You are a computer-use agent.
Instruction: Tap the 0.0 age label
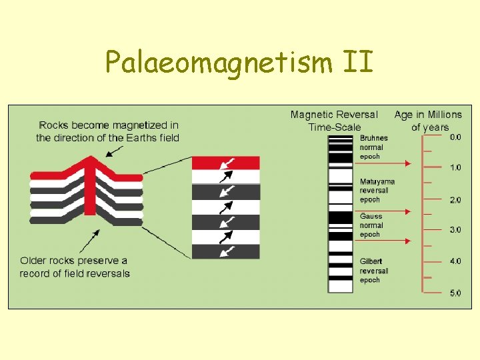click(455, 137)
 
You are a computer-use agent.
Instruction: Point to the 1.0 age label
click(455, 167)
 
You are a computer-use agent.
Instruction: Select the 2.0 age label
click(455, 199)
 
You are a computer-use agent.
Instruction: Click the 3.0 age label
click(455, 230)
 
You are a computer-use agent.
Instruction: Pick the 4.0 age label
click(455, 261)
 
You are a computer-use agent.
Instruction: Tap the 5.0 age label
click(455, 293)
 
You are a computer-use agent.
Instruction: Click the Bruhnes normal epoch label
click(373, 147)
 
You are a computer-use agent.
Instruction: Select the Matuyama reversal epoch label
click(377, 190)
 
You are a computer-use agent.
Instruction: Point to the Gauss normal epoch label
click(371, 225)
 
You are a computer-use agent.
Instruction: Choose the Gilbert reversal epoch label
click(374, 271)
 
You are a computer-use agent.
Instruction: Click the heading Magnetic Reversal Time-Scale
click(334, 121)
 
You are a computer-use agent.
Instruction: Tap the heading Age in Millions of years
click(428, 121)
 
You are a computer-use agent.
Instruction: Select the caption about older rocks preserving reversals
click(75, 267)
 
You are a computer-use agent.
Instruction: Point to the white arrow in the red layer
click(227, 162)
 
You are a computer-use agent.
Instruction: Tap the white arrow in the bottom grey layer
click(227, 251)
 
